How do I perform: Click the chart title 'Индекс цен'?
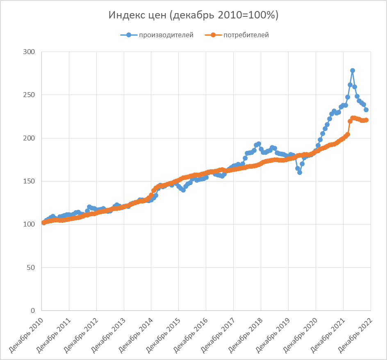(193, 15)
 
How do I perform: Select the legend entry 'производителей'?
(166, 35)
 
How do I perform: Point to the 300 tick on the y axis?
(30, 52)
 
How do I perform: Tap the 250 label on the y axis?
(30, 95)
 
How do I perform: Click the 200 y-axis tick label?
(30, 138)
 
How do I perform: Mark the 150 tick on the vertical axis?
(30, 181)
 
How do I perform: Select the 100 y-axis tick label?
(30, 224)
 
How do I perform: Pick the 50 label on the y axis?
(32, 268)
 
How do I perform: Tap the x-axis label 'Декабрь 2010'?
(25, 334)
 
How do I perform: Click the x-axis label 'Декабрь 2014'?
(135, 334)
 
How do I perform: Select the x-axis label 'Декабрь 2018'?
(244, 334)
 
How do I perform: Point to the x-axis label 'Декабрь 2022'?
(354, 334)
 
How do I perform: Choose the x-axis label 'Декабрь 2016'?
(190, 334)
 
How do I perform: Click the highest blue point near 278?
(353, 70)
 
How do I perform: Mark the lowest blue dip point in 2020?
(300, 172)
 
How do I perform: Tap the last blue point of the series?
(366, 110)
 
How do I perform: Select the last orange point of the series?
(367, 120)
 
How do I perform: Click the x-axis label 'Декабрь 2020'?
(299, 334)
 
